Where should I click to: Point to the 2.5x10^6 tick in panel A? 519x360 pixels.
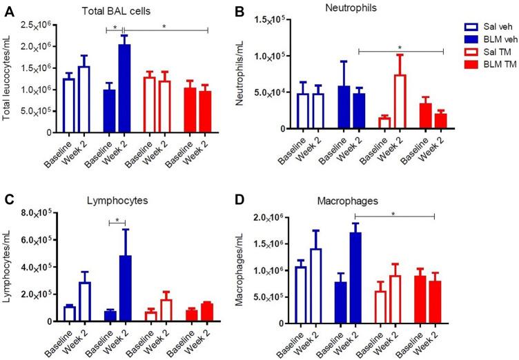point(39,26)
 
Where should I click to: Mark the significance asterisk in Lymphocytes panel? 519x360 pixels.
point(117,220)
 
